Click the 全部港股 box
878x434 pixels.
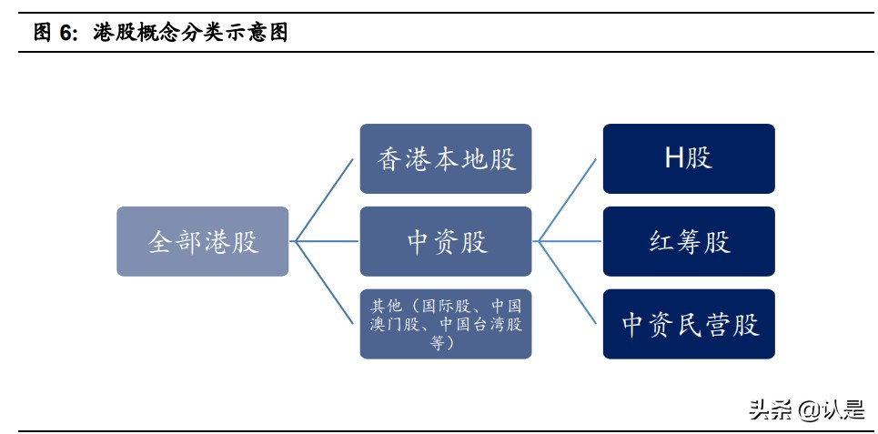pos(202,241)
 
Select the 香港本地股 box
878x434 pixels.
pos(446,159)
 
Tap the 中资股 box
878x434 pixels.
pos(446,241)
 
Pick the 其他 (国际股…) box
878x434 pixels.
pos(446,324)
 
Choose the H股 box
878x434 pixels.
pos(689,159)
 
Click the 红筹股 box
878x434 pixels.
pos(689,241)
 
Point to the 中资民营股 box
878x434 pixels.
pos(689,324)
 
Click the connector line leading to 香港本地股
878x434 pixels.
pos(324,200)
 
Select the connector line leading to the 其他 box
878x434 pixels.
pos(324,282)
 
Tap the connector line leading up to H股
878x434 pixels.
pos(567,200)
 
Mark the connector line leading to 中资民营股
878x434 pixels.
pos(567,282)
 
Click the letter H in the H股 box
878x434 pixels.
pos(674,158)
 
